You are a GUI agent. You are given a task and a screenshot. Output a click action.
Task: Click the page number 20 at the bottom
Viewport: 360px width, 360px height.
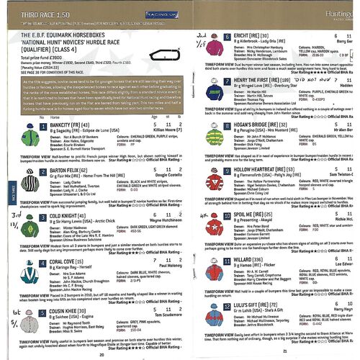(x=102, y=354)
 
